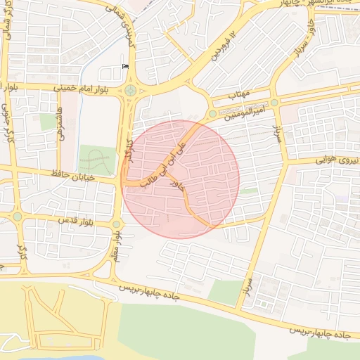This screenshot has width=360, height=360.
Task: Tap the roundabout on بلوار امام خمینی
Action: pos(131,90)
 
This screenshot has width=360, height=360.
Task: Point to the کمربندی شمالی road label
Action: pos(127,24)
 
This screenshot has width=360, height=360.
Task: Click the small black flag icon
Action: pos(126,67)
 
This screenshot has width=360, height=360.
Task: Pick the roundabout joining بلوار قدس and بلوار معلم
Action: pos(116,225)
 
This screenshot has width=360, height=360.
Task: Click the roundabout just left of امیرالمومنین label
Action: pos(212,114)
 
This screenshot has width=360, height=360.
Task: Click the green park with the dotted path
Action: pos(97,160)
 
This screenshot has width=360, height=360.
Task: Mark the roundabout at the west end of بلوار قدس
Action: pos(17,217)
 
